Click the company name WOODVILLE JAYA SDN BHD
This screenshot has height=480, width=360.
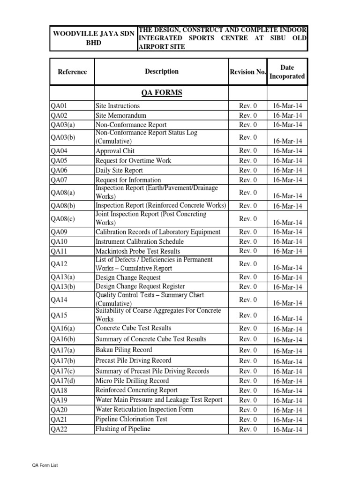pyautogui.click(x=93, y=38)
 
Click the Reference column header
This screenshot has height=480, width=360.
pyautogui.click(x=72, y=72)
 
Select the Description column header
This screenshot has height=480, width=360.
pyautogui.click(x=162, y=71)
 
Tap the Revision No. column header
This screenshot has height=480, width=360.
pyautogui.click(x=248, y=72)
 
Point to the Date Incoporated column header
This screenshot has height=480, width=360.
pyautogui.click(x=287, y=72)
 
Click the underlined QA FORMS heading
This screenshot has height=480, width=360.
pyautogui.click(x=162, y=93)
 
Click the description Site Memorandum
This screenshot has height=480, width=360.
pyautogui.click(x=121, y=115)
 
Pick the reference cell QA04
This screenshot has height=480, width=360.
pyautogui.click(x=59, y=151)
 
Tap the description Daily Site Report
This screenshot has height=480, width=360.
pyautogui.click(x=119, y=170)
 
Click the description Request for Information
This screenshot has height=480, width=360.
pyautogui.click(x=128, y=180)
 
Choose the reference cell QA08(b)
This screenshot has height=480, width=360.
pyautogui.click(x=63, y=206)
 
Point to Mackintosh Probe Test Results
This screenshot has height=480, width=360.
pyautogui.click(x=138, y=251)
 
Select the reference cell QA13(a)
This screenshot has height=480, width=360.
pyautogui.click(x=63, y=277)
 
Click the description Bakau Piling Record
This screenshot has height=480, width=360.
pyautogui.click(x=124, y=350)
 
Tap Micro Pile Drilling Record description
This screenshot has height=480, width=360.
pyautogui.click(x=132, y=381)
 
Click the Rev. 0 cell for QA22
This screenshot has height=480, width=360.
pyautogui.click(x=248, y=429)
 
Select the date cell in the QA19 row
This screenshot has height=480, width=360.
pyautogui.click(x=287, y=400)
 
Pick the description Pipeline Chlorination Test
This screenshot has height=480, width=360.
pyautogui.click(x=131, y=419)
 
